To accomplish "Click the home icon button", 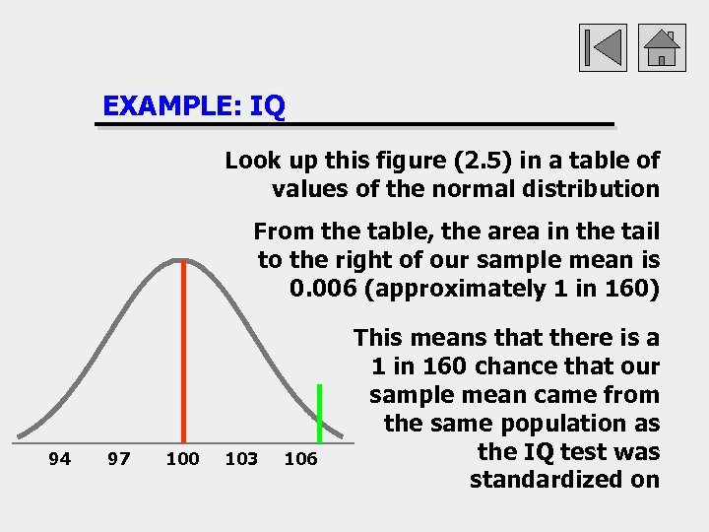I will tap(662, 47).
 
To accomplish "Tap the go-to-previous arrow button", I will tap(602, 47).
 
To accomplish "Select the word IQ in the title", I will tap(267, 105).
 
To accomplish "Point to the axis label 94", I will tap(60, 458).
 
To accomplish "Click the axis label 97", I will tap(118, 458).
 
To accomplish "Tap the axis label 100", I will tap(182, 458).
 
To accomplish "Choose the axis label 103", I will tap(242, 458).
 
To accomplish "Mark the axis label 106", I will tap(300, 458).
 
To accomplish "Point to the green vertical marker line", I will tap(320, 413).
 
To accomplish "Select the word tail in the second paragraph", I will tap(640, 232).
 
